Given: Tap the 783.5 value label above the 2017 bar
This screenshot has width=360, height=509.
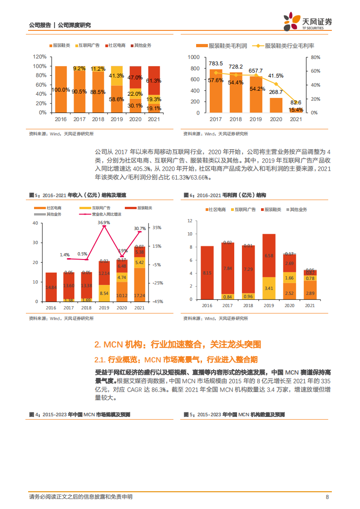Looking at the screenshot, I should [216, 63].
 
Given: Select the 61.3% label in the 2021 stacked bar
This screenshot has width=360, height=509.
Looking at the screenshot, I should [154, 80].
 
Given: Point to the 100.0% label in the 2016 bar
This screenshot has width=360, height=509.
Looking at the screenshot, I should [61, 90].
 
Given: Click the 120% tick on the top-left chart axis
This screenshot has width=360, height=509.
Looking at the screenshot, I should [40, 57].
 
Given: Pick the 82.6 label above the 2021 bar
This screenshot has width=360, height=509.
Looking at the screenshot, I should [296, 103].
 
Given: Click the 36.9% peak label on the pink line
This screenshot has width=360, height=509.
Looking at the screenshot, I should [104, 223].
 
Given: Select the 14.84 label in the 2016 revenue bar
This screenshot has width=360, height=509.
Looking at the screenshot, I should [51, 288].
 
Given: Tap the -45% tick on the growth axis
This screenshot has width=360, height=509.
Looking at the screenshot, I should [157, 302].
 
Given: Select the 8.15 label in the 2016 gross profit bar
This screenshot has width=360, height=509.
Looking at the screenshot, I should [207, 273].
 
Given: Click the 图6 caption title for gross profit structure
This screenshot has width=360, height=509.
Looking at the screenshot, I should [225, 195].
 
